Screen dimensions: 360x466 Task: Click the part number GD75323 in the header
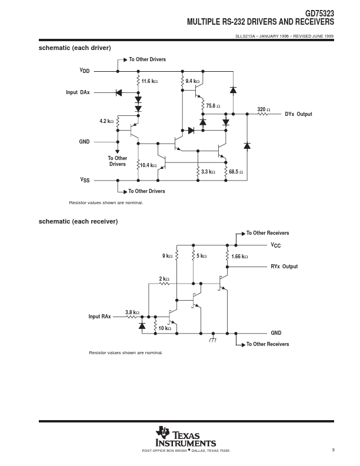(319, 14)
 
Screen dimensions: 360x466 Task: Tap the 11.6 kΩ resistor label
(149, 81)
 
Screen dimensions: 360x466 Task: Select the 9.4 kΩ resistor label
(192, 81)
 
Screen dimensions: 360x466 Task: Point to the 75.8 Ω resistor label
(213, 106)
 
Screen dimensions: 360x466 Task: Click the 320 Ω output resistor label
(264, 109)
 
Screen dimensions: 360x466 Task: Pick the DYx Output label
(298, 114)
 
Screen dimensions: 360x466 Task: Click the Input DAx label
(78, 92)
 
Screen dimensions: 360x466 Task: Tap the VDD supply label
(85, 71)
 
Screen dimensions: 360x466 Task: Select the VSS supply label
(85, 180)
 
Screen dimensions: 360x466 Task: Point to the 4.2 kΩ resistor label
(106, 121)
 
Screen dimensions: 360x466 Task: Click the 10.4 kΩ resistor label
(148, 165)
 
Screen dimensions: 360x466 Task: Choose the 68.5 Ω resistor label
(236, 172)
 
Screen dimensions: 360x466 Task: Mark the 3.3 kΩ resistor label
(208, 172)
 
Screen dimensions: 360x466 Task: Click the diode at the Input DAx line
(118, 93)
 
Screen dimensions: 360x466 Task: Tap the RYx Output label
(284, 267)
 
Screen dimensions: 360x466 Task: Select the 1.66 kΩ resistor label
(239, 257)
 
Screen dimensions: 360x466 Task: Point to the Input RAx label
(99, 317)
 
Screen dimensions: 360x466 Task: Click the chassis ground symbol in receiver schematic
(213, 338)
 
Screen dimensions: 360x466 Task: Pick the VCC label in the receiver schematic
(276, 245)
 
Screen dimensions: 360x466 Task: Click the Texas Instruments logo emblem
(163, 432)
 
